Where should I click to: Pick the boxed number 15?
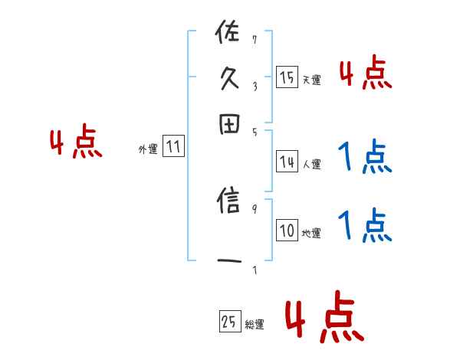coord(287,77)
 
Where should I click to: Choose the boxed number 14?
coord(287,162)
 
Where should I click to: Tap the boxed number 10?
coord(287,231)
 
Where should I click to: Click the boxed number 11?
coord(173,147)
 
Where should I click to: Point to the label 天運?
coord(311,80)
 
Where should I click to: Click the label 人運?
coord(311,164)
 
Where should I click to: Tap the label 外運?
coord(148,150)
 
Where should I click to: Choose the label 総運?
coord(255,324)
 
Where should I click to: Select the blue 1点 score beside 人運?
coord(365,157)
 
